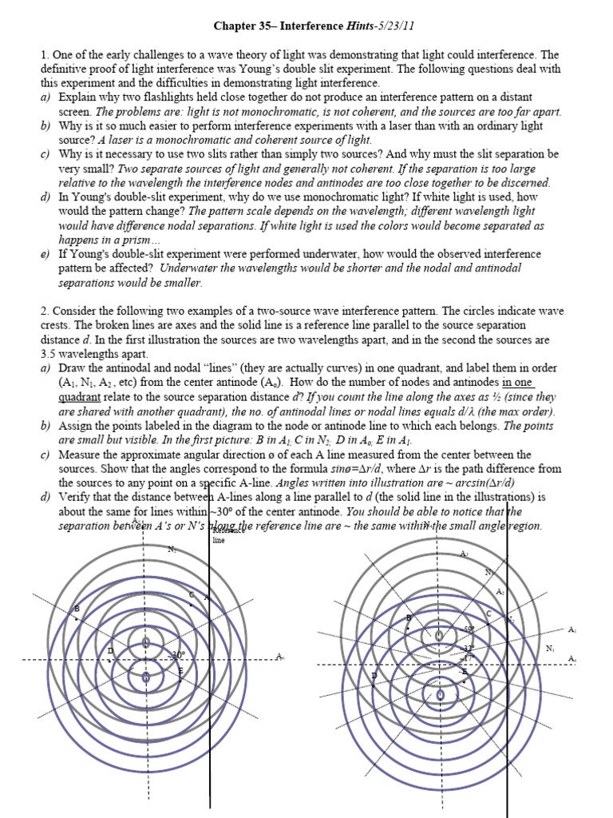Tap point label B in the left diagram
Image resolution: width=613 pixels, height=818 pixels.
pos(77,609)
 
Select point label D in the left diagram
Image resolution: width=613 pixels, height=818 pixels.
pos(110,651)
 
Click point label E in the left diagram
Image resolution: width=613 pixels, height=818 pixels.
pos(180,670)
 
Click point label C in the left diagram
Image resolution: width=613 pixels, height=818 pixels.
pos(192,595)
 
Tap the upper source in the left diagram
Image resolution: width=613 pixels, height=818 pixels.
pos(145,642)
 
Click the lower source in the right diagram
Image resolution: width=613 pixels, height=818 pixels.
pos(440,695)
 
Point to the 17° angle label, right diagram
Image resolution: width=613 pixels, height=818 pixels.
pos(469,657)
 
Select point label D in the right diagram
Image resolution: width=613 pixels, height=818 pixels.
pos(374,676)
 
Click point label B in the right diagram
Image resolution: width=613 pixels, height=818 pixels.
pos(409,617)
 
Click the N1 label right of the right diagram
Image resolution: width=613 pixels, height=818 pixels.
pos(550,648)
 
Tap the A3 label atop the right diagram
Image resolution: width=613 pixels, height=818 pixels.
pos(465,553)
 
